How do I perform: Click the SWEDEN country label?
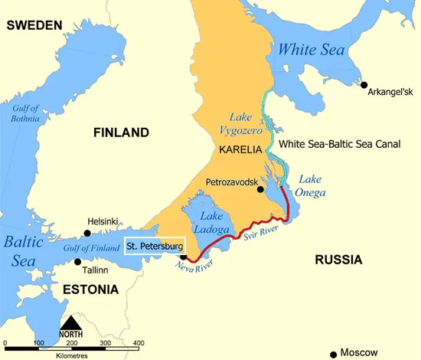tap(34, 25)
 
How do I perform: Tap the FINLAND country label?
tap(121, 133)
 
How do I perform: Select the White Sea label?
tap(312, 50)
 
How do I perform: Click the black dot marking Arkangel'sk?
tap(364, 85)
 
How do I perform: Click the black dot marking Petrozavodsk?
tap(261, 189)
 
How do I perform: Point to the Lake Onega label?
tap(310, 185)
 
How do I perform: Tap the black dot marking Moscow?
tap(333, 354)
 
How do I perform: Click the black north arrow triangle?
tap(70, 322)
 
